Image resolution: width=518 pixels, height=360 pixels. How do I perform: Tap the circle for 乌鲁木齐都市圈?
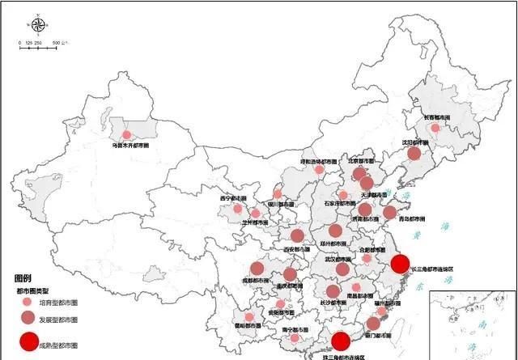tap(126, 136)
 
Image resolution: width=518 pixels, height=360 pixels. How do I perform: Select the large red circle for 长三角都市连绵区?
tap(400, 264)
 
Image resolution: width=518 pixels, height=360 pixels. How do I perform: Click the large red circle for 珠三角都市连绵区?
tap(341, 342)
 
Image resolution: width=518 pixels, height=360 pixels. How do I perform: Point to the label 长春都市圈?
tap(436, 117)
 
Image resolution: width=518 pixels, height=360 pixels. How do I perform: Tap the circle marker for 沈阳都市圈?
tap(414, 154)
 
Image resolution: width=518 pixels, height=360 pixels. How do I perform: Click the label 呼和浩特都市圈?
tap(318, 161)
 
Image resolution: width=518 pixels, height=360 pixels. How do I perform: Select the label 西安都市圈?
tap(296, 249)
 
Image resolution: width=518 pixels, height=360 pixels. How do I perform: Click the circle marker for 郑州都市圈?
tap(335, 231)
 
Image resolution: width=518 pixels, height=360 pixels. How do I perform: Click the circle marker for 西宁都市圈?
tap(238, 208)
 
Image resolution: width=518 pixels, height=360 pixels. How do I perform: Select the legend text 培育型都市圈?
tap(63, 303)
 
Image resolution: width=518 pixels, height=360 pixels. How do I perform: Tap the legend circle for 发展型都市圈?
tap(28, 318)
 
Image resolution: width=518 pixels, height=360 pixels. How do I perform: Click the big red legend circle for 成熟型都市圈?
tap(28, 342)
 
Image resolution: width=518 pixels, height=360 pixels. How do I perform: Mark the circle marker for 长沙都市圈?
tap(333, 291)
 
